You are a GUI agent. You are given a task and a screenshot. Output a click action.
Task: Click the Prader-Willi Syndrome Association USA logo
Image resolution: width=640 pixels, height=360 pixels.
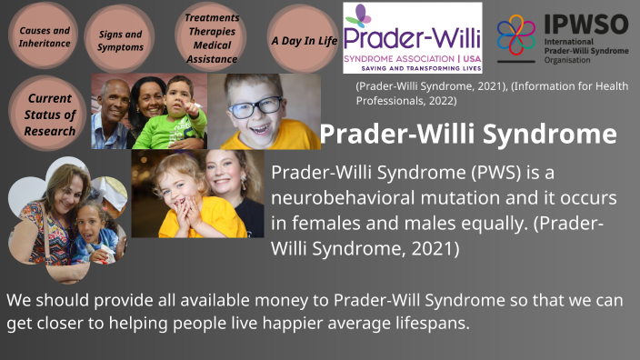412,38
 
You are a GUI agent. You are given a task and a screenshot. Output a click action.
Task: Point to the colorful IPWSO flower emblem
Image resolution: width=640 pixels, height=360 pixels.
515,35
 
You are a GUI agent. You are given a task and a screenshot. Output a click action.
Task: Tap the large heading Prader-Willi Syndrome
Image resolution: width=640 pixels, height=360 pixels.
468,135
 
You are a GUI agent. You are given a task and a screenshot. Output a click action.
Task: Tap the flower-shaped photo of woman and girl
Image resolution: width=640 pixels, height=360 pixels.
65,218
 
